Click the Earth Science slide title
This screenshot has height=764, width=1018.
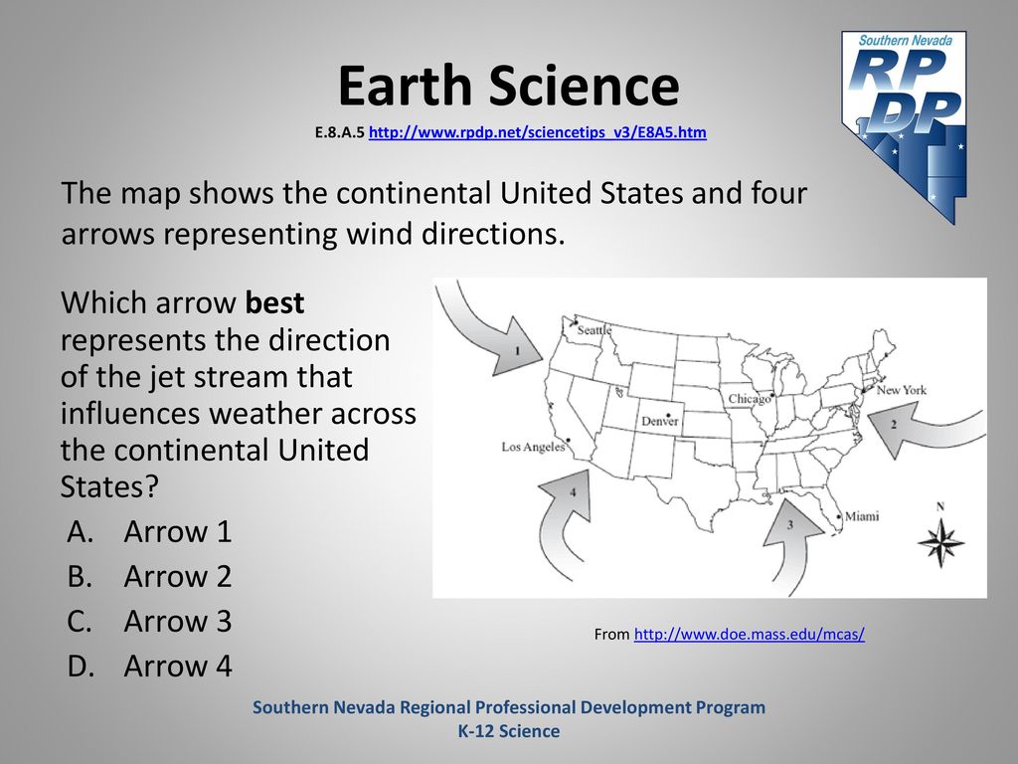508,86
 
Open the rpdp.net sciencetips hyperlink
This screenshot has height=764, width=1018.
538,132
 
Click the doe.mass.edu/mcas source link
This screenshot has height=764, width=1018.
750,634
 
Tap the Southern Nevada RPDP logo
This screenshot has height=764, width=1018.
905,126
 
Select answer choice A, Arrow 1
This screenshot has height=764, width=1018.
149,531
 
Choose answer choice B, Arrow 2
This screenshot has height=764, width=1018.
149,576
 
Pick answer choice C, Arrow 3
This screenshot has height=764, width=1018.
149,621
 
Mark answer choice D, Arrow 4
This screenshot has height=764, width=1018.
149,666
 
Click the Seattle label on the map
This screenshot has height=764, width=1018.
594,330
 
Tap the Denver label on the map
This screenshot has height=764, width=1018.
660,421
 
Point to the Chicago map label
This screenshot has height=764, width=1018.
749,399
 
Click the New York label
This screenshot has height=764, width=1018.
901,390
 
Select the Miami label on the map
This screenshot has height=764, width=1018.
862,516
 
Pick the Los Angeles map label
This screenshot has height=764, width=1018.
533,447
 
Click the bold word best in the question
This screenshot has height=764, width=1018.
274,302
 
